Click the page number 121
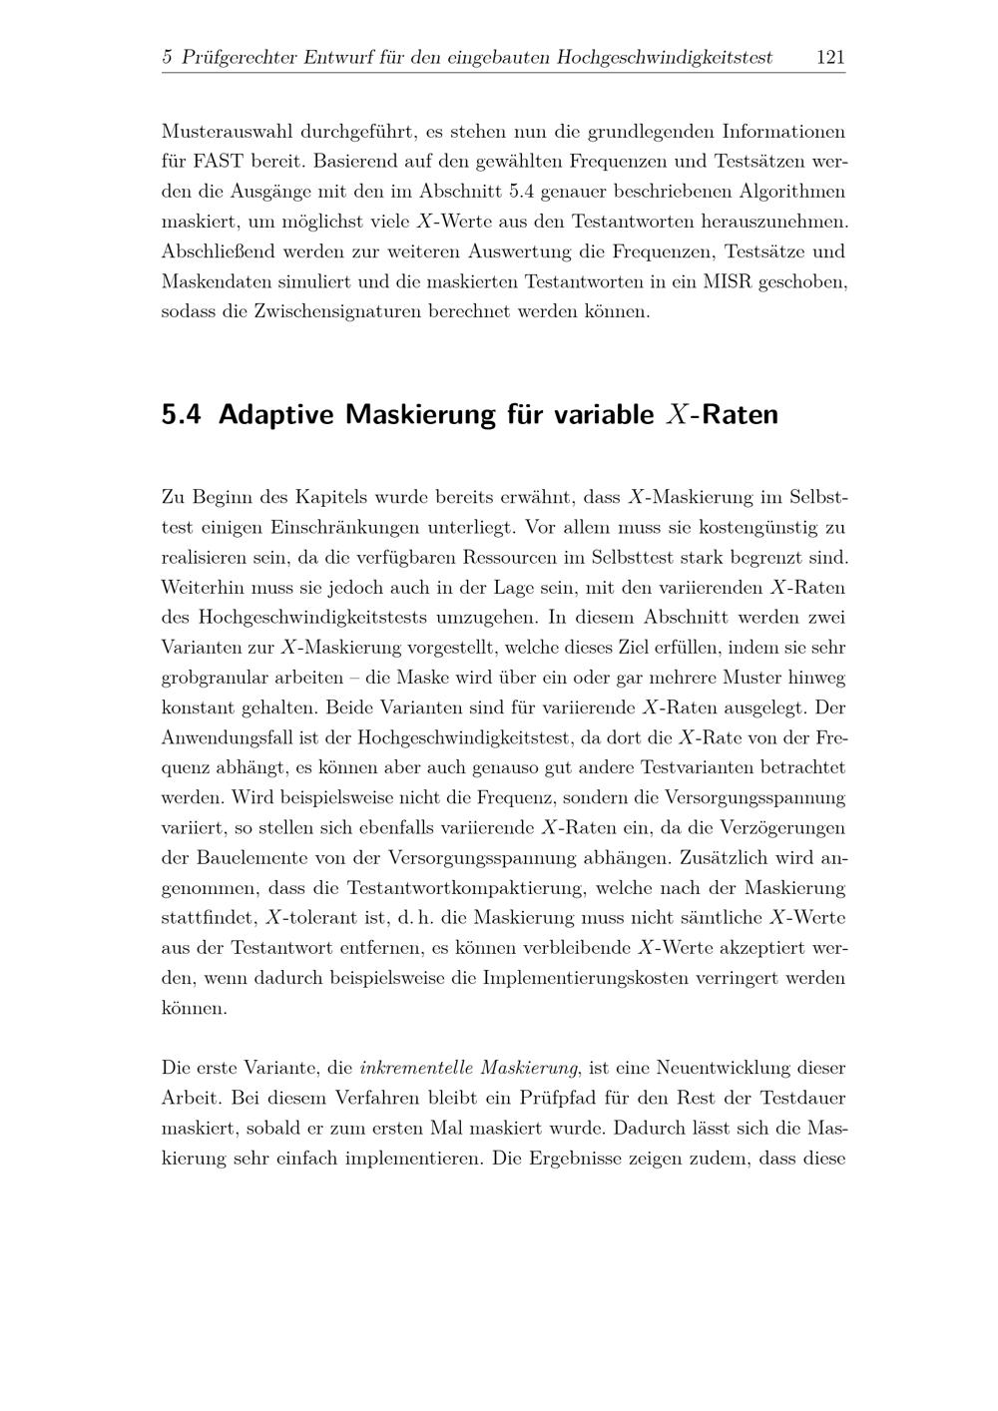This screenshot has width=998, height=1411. pyautogui.click(x=830, y=58)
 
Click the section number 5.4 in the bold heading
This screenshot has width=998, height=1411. pyautogui.click(x=181, y=414)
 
